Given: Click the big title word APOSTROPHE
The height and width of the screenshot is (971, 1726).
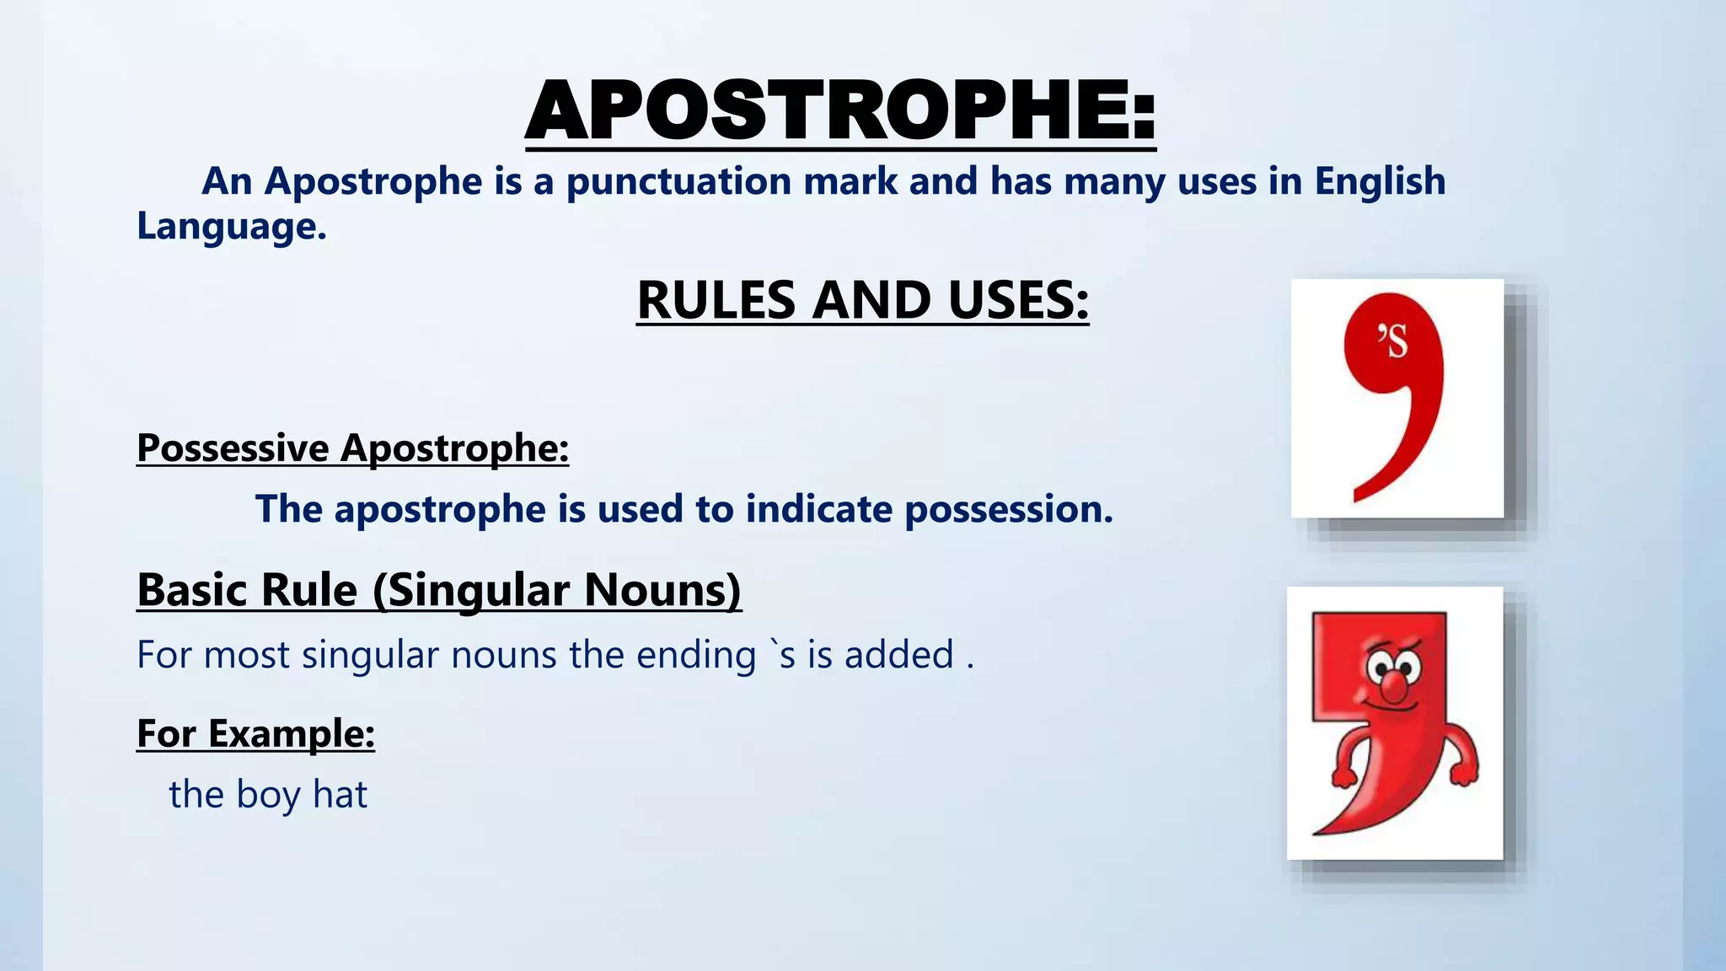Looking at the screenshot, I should pyautogui.click(x=840, y=111).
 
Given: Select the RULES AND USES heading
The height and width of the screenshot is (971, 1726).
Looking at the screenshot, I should pyautogui.click(x=862, y=300).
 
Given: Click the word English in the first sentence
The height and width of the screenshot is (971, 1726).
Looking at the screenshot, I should pyautogui.click(x=1380, y=181).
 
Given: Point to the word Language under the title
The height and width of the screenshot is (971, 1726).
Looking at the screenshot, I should pyautogui.click(x=231, y=226).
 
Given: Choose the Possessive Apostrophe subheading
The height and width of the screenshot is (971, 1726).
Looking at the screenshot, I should pyautogui.click(x=352, y=448).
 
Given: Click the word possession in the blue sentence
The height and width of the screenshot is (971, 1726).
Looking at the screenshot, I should pyautogui.click(x=1008, y=509).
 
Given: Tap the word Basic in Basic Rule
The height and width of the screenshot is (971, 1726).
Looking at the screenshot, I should pyautogui.click(x=192, y=589).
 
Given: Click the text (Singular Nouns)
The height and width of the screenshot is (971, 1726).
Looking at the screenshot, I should pyautogui.click(x=557, y=589).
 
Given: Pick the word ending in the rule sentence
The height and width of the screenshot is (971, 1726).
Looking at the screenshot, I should pyautogui.click(x=695, y=655).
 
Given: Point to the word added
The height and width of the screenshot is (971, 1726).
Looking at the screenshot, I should pyautogui.click(x=898, y=655).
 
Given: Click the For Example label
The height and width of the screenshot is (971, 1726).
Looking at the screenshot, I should pyautogui.click(x=255, y=733).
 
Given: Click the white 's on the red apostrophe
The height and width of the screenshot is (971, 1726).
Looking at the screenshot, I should pyautogui.click(x=1393, y=341).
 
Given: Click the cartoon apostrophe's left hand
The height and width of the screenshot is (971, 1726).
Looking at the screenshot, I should pyautogui.click(x=1343, y=775).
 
